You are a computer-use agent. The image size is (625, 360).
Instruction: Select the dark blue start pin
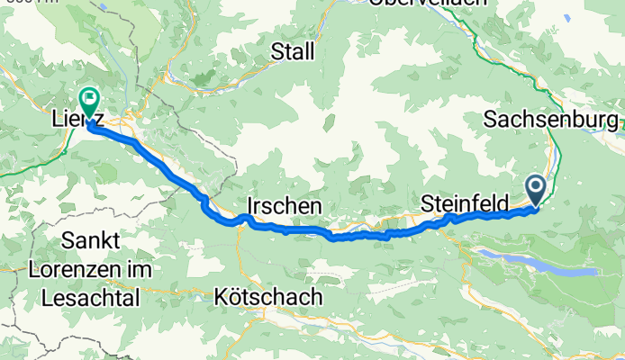pos(536,190)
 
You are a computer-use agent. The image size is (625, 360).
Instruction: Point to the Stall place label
pos(293,52)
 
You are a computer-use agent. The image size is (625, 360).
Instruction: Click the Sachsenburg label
pos(550,119)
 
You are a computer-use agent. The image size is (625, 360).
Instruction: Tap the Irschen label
pos(284,206)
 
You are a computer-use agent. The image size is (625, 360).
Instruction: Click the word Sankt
pos(103,240)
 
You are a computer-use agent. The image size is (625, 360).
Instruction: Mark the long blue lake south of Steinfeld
pos(540,265)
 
